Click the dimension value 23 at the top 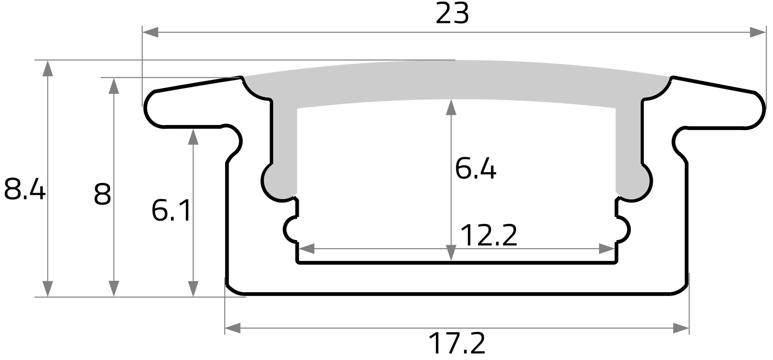(x=452, y=14)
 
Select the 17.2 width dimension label (x=456, y=344)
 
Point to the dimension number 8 (x=102, y=194)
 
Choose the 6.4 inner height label (x=475, y=168)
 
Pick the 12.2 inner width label (x=489, y=235)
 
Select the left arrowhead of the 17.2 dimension (x=233, y=328)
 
